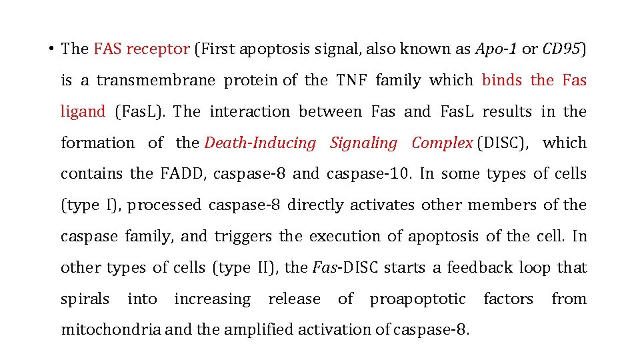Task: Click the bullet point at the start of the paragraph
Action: (x=51, y=49)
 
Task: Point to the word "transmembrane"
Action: (x=156, y=81)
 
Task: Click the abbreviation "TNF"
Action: (x=351, y=81)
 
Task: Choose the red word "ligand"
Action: (x=83, y=112)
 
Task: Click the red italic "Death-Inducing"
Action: (x=260, y=143)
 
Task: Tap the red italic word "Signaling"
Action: (x=363, y=143)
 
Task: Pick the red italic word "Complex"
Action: (x=443, y=143)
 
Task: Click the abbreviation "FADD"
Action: (x=186, y=174)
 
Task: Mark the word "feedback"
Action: (x=489, y=268)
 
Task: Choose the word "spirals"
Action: (x=85, y=299)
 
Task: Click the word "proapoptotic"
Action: (x=418, y=299)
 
